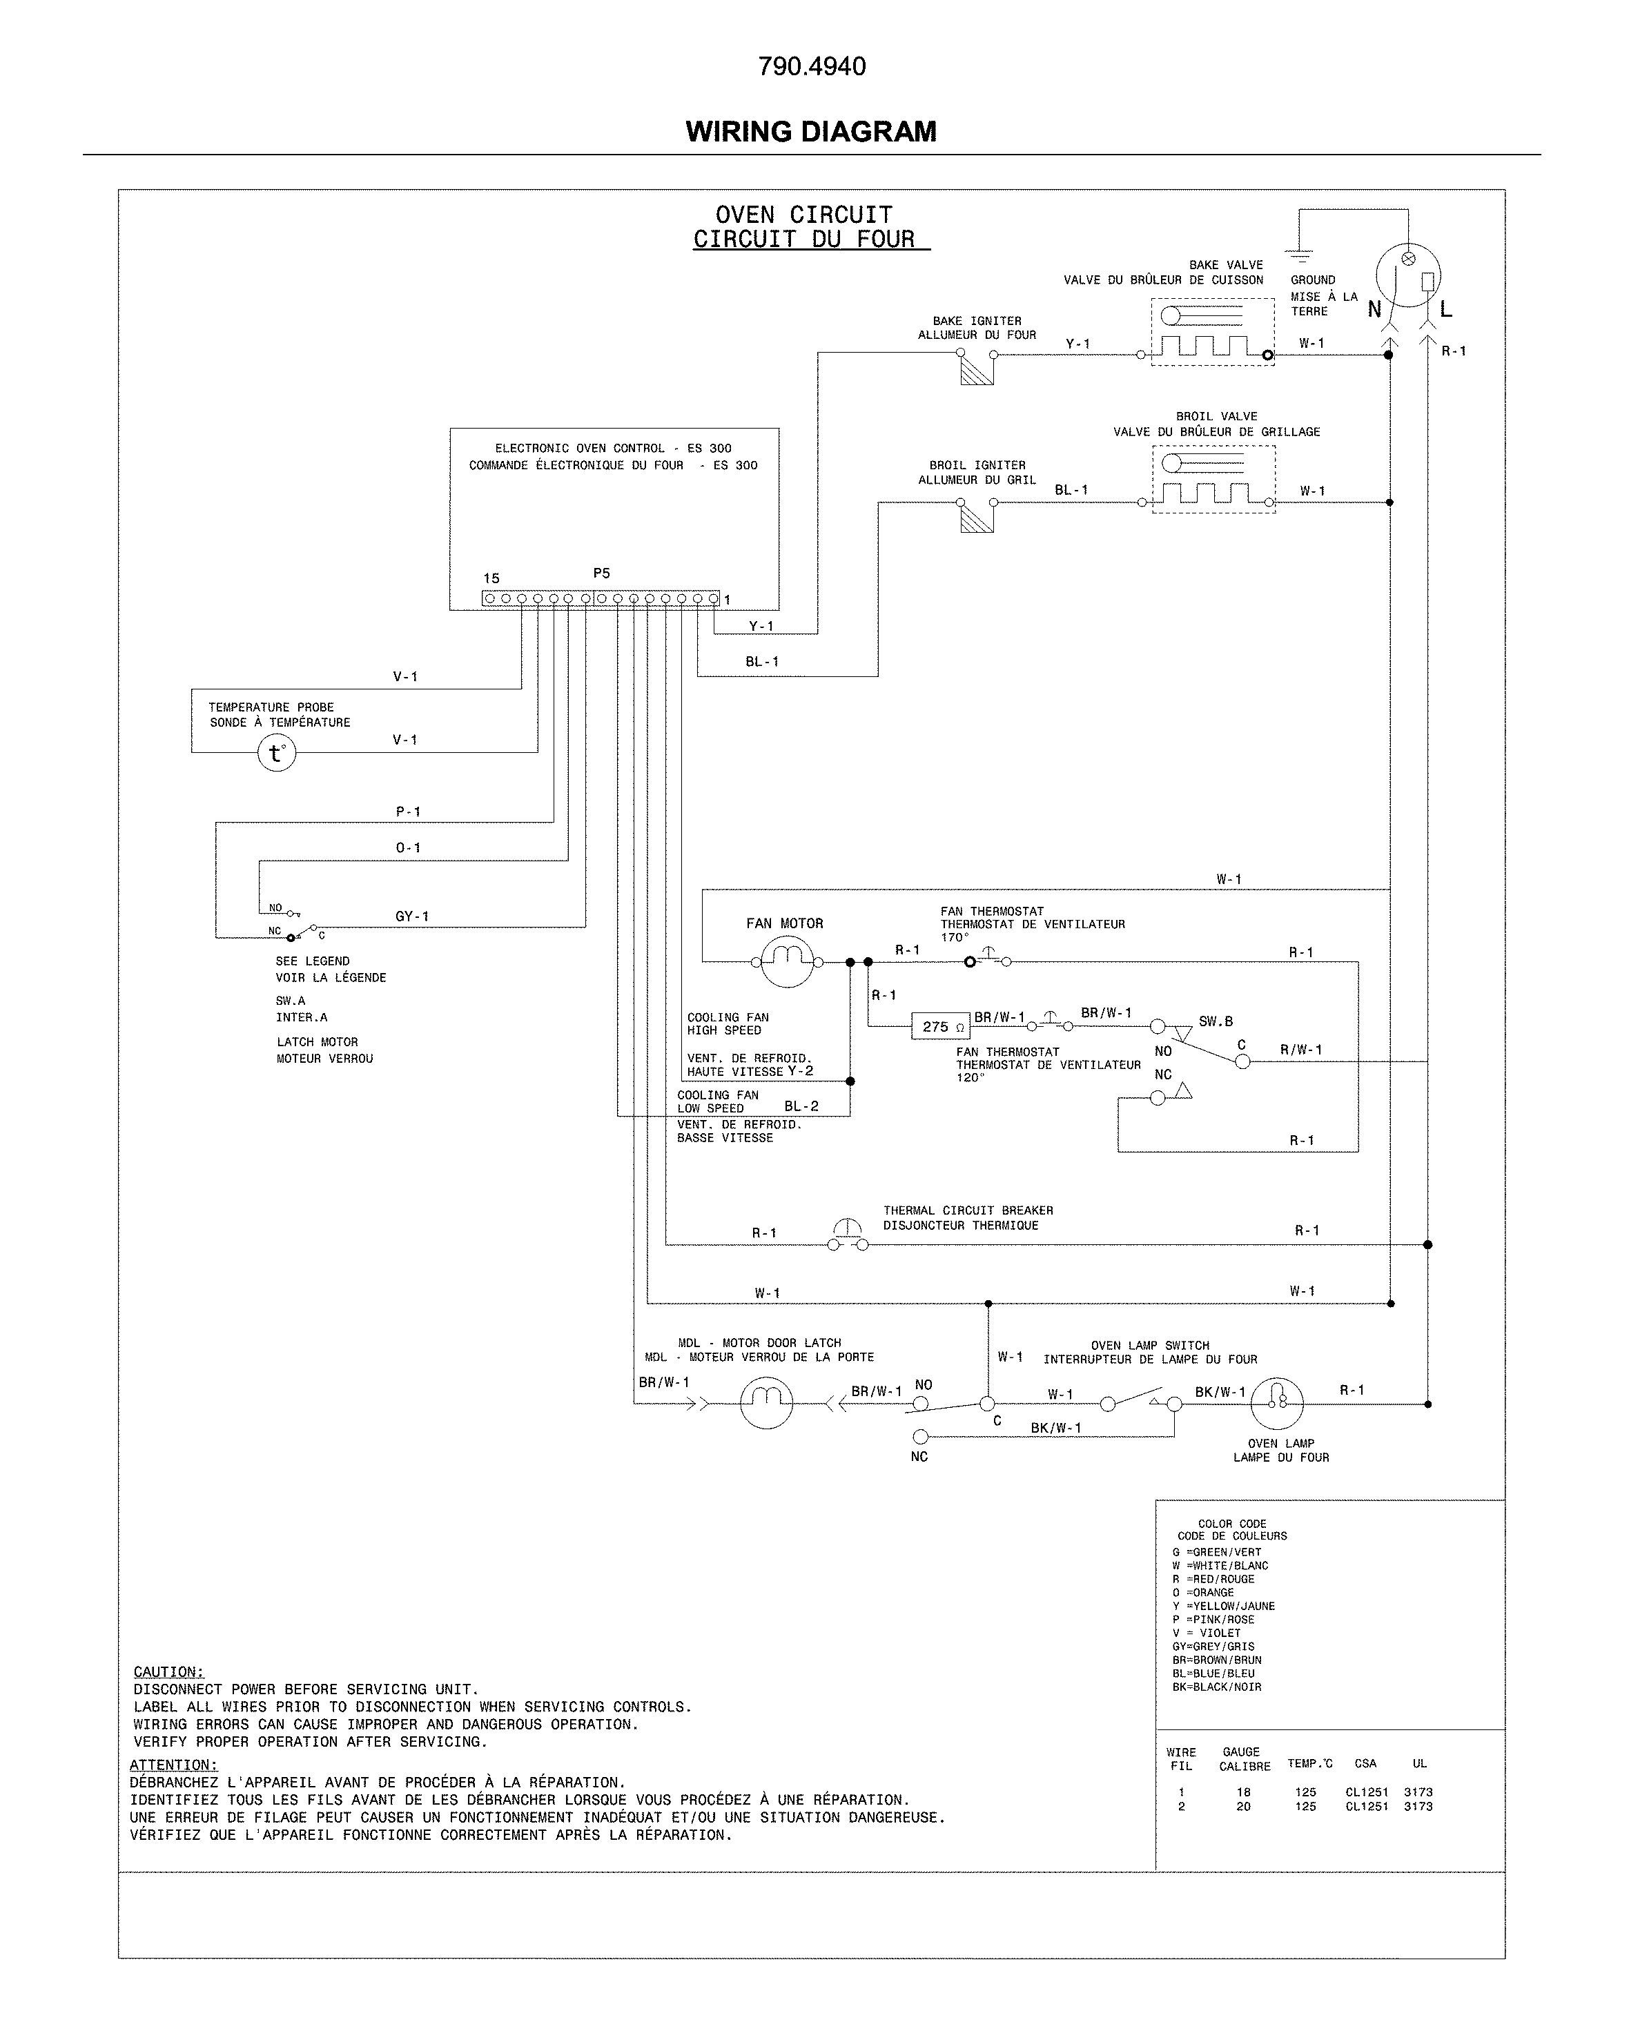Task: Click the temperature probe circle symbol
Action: coord(277,754)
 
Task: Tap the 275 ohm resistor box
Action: coord(940,1027)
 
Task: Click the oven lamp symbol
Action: coord(1277,1404)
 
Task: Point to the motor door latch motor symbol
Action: coord(766,1404)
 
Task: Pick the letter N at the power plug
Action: coord(1374,310)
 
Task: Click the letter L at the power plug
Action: coord(1446,310)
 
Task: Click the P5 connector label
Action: coord(602,573)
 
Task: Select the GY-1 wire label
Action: coord(411,916)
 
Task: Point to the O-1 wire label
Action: coord(408,848)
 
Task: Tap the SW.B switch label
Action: coord(1216,1021)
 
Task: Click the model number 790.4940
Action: coord(812,67)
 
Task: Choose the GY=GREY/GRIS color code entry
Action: coord(1213,1647)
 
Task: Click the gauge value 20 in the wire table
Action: coord(1244,1807)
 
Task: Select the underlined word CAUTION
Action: coord(168,1672)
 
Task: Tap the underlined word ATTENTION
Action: coord(173,1765)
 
